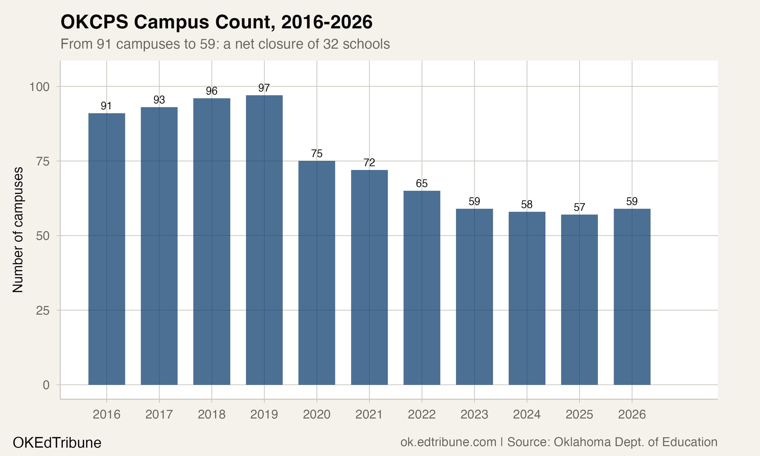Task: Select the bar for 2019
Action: (x=264, y=240)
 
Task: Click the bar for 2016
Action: (x=107, y=249)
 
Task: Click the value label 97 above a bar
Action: (x=264, y=88)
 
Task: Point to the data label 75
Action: (x=317, y=154)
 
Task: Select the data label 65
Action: (x=422, y=184)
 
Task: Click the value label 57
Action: (x=579, y=207)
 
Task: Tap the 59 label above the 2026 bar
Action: (x=632, y=202)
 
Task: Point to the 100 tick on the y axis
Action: (x=39, y=87)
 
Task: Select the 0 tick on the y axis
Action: (x=46, y=385)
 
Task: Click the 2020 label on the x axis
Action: (x=317, y=415)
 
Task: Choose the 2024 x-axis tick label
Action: (x=527, y=415)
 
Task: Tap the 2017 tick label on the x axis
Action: (x=159, y=415)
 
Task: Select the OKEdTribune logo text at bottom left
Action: (x=57, y=443)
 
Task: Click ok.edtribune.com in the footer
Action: (x=448, y=442)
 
